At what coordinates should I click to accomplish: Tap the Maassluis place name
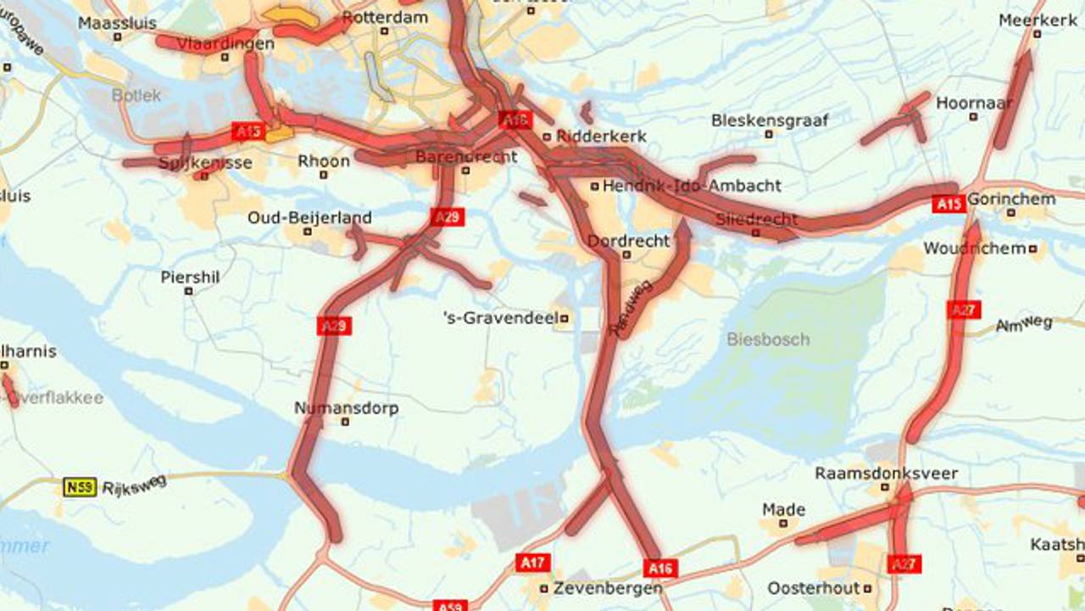(x=117, y=23)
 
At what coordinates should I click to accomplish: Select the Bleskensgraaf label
(x=770, y=121)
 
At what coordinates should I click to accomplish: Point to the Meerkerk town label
(x=1038, y=20)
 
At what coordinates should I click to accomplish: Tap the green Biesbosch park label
(x=768, y=339)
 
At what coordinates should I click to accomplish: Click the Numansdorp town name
(x=346, y=408)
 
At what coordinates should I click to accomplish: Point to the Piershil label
(x=190, y=277)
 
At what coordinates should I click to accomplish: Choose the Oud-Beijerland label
(x=309, y=218)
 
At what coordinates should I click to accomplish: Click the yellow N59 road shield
(x=79, y=487)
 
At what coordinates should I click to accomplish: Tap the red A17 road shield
(x=532, y=562)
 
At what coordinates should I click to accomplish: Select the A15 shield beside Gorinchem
(x=949, y=204)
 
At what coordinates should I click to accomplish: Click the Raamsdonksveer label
(x=886, y=474)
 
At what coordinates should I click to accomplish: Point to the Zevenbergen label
(x=607, y=588)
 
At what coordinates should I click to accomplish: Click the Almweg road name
(x=1024, y=323)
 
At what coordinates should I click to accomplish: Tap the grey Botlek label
(x=136, y=95)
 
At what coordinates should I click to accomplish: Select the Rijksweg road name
(x=134, y=486)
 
